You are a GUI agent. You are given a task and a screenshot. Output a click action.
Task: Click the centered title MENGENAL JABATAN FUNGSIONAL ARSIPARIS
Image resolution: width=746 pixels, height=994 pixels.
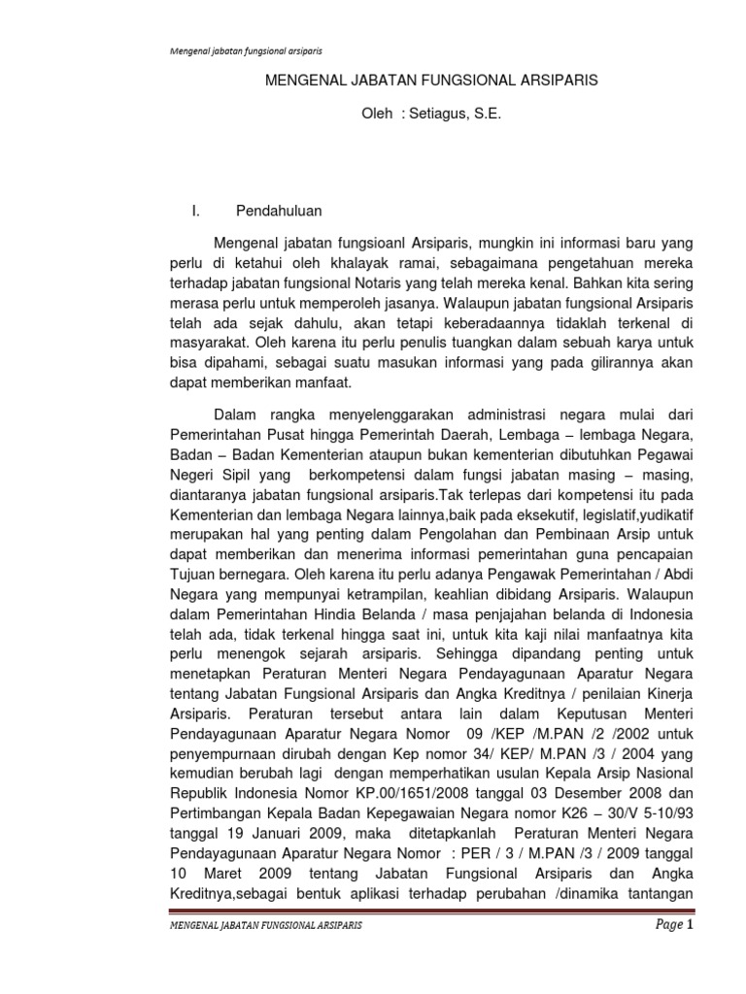pos(431,82)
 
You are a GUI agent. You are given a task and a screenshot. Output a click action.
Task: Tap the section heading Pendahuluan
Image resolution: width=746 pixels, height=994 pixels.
pos(280,210)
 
